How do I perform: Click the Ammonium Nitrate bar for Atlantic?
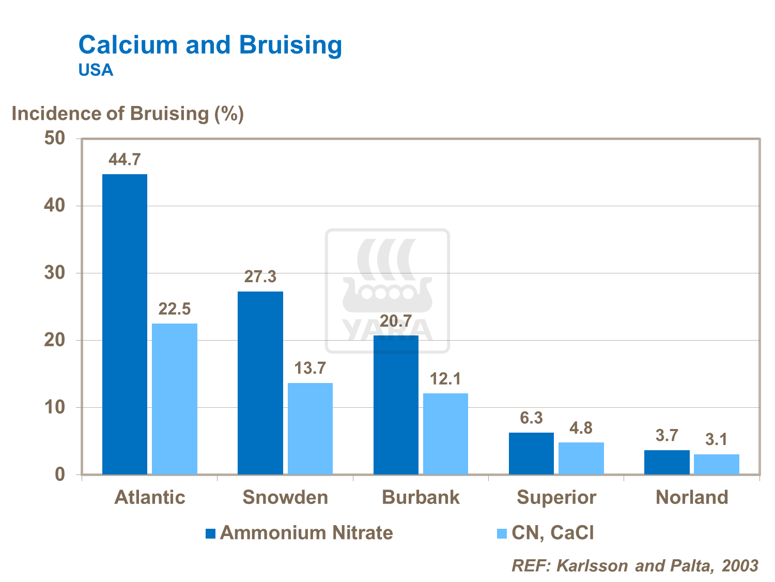pyautogui.click(x=125, y=324)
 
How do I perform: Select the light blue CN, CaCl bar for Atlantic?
pyautogui.click(x=175, y=399)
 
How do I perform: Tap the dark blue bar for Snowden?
pyautogui.click(x=260, y=382)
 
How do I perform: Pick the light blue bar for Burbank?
pyautogui.click(x=445, y=434)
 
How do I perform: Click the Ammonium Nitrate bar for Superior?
pyautogui.click(x=531, y=453)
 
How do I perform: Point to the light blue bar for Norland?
pyautogui.click(x=716, y=464)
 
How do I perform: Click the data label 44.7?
pyautogui.click(x=125, y=160)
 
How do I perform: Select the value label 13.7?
pyautogui.click(x=310, y=369)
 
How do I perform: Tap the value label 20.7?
pyautogui.click(x=396, y=321)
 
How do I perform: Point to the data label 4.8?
pyautogui.click(x=581, y=428)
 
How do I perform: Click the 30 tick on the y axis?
pyautogui.click(x=55, y=273)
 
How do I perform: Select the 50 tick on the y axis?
pyautogui.click(x=55, y=139)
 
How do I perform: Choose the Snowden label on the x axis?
pyautogui.click(x=285, y=497)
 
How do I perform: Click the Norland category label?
pyautogui.click(x=692, y=497)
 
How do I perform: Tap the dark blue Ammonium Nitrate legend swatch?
pyautogui.click(x=210, y=533)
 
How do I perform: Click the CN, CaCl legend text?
pyautogui.click(x=552, y=533)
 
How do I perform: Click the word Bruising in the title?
pyautogui.click(x=290, y=45)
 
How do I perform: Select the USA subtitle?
pyautogui.click(x=96, y=70)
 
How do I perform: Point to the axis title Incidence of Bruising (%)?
pyautogui.click(x=128, y=114)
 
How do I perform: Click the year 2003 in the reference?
pyautogui.click(x=740, y=565)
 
